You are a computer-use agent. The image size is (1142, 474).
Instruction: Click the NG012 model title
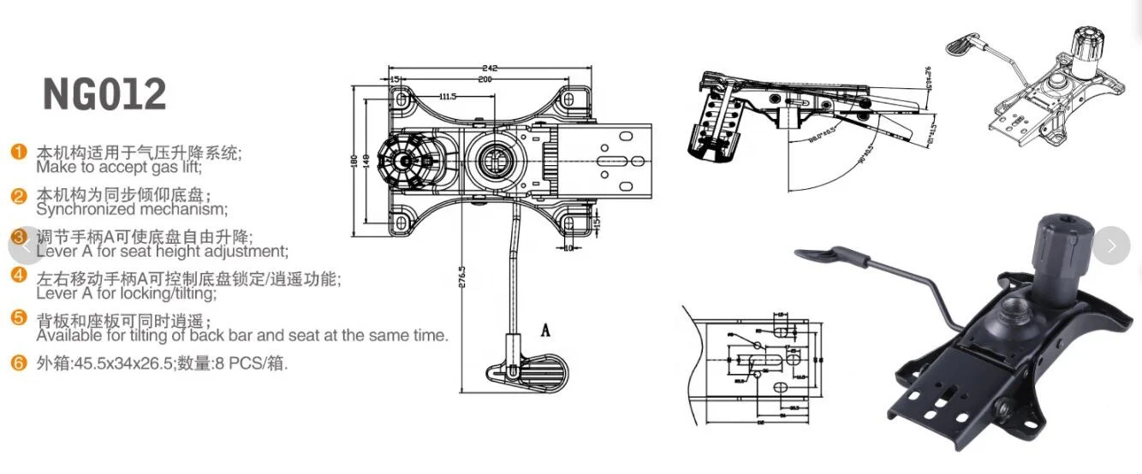coord(104,94)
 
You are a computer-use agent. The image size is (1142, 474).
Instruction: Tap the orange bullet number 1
coord(19,152)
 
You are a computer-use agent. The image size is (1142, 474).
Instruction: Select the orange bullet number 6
coord(19,363)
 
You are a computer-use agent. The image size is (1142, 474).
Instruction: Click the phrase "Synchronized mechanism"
coord(131,209)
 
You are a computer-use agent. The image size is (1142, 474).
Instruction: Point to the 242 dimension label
coord(490,68)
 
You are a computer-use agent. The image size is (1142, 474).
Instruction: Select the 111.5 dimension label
coord(449,96)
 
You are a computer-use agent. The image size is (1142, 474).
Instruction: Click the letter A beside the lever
coord(544,329)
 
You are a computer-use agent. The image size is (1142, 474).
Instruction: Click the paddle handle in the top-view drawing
coord(532,372)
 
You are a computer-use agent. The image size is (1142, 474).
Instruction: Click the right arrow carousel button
coord(1111,246)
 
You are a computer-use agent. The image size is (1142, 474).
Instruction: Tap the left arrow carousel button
coord(26,246)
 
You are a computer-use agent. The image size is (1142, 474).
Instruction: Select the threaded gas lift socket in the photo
coord(1015,305)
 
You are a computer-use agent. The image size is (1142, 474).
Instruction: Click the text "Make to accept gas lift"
coord(116,168)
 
